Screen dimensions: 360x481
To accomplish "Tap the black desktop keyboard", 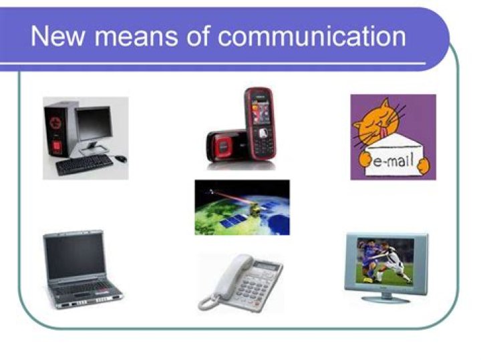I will [84, 164].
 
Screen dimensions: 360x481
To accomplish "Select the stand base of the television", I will [385, 298].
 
